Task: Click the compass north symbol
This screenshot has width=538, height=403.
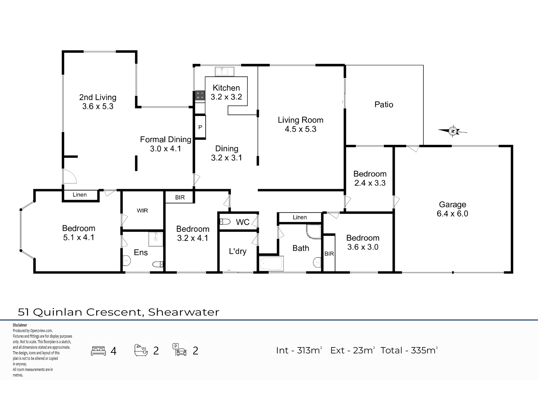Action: pyautogui.click(x=453, y=131)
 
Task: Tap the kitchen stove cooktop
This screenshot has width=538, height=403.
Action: pyautogui.click(x=200, y=95)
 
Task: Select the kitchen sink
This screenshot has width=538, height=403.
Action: pyautogui.click(x=224, y=72)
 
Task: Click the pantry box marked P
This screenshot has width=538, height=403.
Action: pyautogui.click(x=200, y=127)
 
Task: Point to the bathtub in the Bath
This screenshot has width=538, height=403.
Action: pyautogui.click(x=271, y=264)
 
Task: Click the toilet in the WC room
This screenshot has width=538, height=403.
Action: pyautogui.click(x=225, y=222)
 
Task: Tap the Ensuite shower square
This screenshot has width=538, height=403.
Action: pyautogui.click(x=156, y=239)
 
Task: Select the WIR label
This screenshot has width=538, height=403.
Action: pyautogui.click(x=142, y=211)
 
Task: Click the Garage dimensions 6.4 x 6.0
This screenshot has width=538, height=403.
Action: pyautogui.click(x=452, y=214)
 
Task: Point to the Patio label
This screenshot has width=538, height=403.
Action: pyautogui.click(x=384, y=105)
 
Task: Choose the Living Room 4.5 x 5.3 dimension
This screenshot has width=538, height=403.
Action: pyautogui.click(x=300, y=129)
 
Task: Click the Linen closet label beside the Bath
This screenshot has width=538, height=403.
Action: pyautogui.click(x=300, y=217)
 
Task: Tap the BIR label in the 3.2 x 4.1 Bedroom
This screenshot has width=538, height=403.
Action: pyautogui.click(x=180, y=197)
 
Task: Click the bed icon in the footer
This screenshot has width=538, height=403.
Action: pyautogui.click(x=98, y=351)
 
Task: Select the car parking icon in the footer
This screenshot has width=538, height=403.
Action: pyautogui.click(x=180, y=350)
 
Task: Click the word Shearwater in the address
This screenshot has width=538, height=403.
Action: pyautogui.click(x=184, y=312)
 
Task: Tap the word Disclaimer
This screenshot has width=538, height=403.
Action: pyautogui.click(x=20, y=325)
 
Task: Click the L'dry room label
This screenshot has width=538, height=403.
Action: pyautogui.click(x=238, y=251)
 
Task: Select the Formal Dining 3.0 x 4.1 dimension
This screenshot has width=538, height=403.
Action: pyautogui.click(x=165, y=149)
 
